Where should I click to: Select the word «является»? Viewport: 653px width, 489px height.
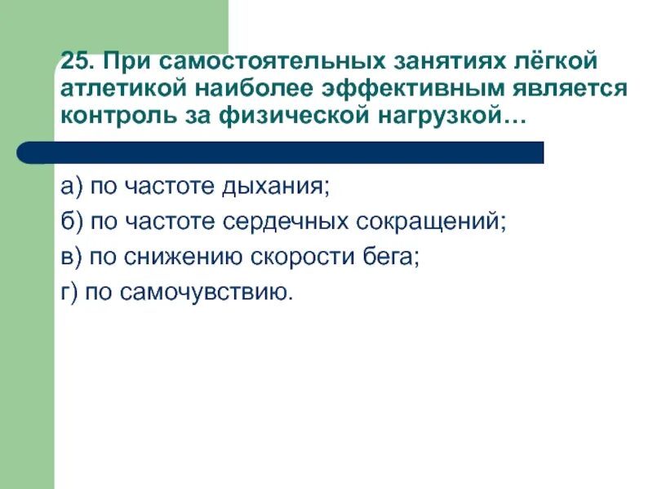coord(568,88)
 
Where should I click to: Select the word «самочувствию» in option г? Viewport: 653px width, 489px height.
coord(207,293)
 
